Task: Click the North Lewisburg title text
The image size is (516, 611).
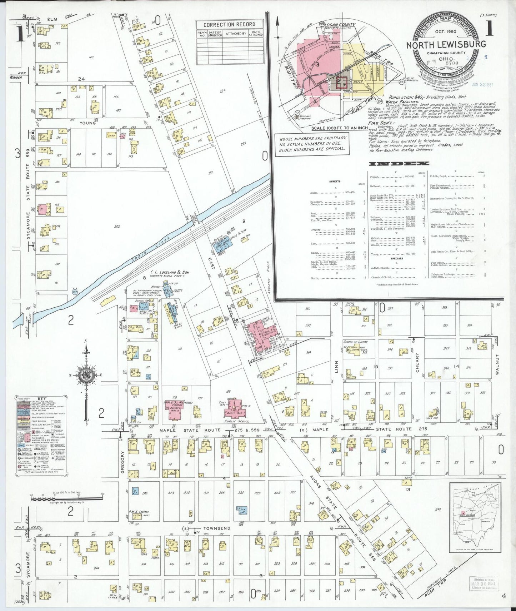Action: (446, 44)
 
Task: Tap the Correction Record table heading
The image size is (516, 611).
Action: (229, 25)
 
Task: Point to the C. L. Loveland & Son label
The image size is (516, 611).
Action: (170, 272)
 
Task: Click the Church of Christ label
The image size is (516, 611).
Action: (355, 342)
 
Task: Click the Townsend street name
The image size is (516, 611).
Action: (217, 528)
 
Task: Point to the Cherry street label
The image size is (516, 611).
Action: (417, 362)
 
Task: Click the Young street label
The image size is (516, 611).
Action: (87, 123)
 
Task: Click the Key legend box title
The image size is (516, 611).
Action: (41, 399)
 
